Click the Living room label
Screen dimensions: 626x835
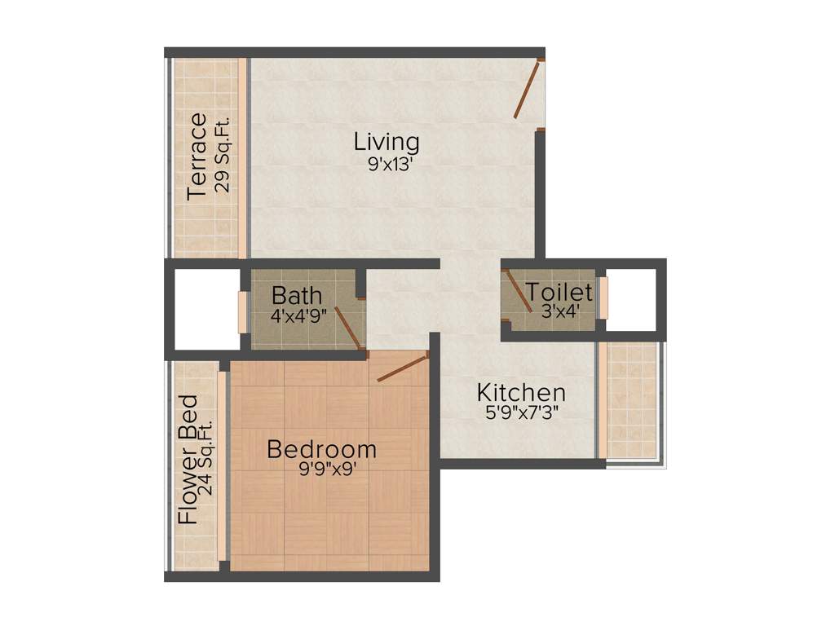point(387,142)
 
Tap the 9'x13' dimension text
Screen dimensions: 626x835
point(387,163)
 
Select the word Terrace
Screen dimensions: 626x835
point(197,157)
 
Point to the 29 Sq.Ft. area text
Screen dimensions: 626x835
point(223,154)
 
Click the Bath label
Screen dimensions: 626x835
point(297,295)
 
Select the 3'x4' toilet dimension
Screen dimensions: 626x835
point(560,311)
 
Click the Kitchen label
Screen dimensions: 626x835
point(521,392)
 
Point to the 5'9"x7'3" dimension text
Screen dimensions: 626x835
point(522,412)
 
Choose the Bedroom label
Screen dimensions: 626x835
point(322,449)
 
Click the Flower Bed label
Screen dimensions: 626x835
point(188,460)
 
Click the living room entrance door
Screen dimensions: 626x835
point(528,90)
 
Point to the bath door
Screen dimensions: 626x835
point(348,327)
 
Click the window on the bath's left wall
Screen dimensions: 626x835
point(241,310)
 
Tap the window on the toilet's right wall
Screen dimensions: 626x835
point(604,299)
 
